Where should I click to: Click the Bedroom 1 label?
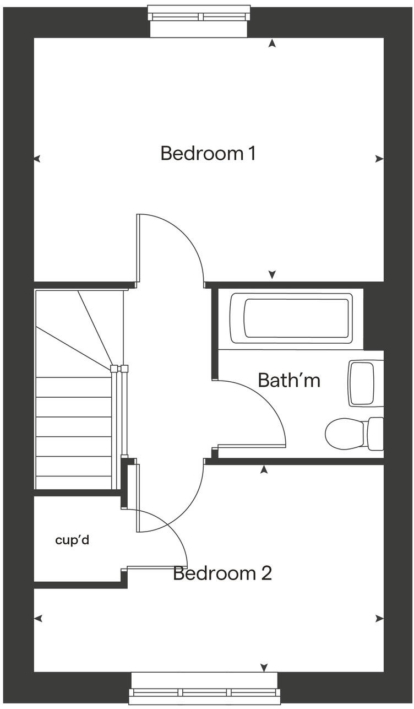pyautogui.click(x=208, y=153)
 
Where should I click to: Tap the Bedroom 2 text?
pyautogui.click(x=222, y=573)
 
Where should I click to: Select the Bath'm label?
pyautogui.click(x=288, y=380)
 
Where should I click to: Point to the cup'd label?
pyautogui.click(x=72, y=540)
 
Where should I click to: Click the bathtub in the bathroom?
pyautogui.click(x=291, y=318)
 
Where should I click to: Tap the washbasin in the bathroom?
pyautogui.click(x=365, y=383)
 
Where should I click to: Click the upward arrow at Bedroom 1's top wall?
pyautogui.click(x=271, y=43)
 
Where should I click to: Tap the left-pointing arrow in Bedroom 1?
pyautogui.click(x=37, y=159)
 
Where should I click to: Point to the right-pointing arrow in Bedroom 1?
pyautogui.click(x=379, y=159)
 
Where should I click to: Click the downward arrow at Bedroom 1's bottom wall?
pyautogui.click(x=271, y=274)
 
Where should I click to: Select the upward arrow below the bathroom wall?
pyautogui.click(x=264, y=469)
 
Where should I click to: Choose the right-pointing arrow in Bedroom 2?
pyautogui.click(x=379, y=619)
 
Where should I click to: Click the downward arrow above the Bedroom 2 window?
pyautogui.click(x=264, y=668)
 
